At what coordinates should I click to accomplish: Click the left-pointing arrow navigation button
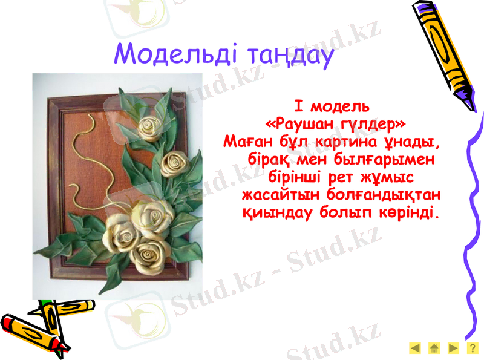point(415,348)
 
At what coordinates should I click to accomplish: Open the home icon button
point(434,348)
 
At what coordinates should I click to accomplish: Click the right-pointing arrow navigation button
point(453,348)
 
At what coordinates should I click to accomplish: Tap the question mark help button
point(471,348)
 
